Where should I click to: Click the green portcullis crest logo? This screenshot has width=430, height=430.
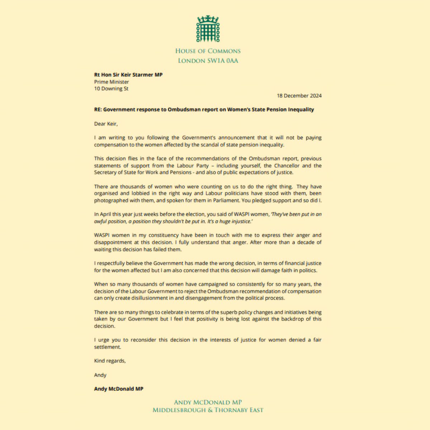click(x=208, y=29)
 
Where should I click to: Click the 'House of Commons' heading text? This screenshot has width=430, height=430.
click(x=208, y=51)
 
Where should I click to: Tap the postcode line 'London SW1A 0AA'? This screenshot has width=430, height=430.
click(x=208, y=61)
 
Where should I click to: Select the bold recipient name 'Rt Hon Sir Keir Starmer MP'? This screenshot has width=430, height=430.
click(x=126, y=75)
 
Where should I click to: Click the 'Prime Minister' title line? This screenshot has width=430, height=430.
click(x=111, y=82)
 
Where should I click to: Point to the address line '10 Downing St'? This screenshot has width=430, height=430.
click(x=111, y=89)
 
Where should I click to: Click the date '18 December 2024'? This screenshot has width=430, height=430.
click(x=299, y=96)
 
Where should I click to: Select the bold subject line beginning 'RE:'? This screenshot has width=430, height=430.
click(x=204, y=110)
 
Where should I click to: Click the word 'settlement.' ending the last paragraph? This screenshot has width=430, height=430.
click(x=107, y=347)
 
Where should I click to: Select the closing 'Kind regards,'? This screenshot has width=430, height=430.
click(x=110, y=361)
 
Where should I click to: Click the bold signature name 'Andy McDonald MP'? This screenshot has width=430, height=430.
click(x=119, y=389)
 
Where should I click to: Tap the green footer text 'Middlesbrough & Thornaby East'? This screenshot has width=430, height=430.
click(x=208, y=410)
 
